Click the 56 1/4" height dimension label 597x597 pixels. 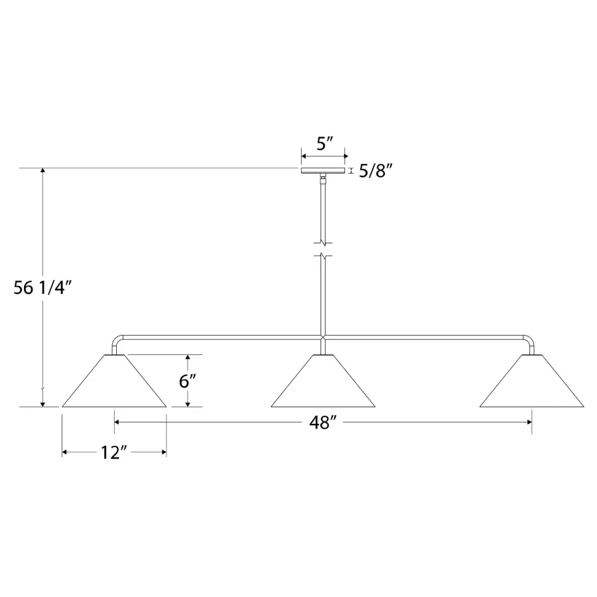42,287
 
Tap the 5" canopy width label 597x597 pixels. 325,143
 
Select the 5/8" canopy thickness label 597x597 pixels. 375,171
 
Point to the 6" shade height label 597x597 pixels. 188,380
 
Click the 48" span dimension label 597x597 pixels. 323,423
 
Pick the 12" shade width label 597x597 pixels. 113,452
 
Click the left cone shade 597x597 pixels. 114,381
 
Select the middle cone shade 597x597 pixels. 323,381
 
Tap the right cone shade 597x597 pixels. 531,381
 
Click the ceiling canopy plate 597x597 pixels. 323,170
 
